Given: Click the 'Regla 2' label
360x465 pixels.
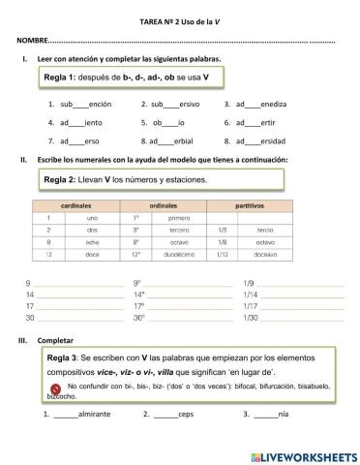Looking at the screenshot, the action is coord(63,179).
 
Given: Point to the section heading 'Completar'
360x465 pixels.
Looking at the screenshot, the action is coord(54,341).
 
